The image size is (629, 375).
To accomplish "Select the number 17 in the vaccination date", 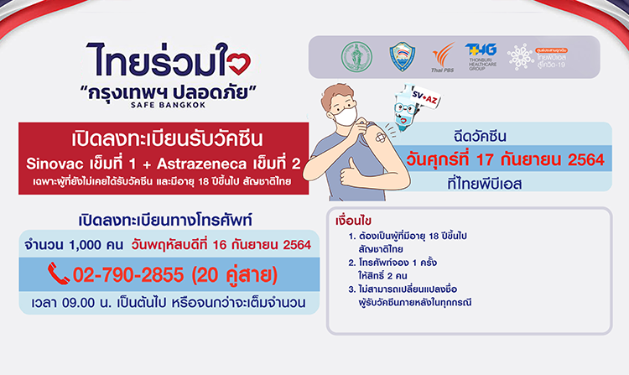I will click(501, 157).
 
